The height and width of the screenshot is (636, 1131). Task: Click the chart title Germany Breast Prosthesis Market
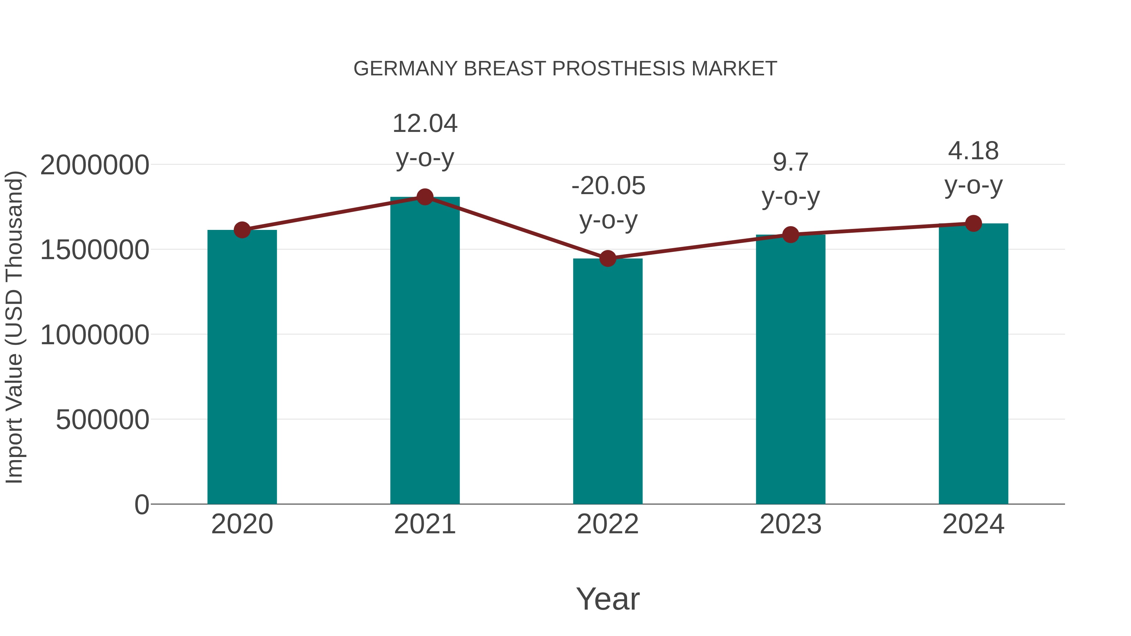point(565,69)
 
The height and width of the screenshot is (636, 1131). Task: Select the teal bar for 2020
point(242,369)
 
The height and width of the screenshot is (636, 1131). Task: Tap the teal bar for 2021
point(424,351)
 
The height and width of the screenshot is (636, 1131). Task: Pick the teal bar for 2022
point(608,382)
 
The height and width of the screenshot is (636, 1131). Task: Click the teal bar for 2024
point(973,364)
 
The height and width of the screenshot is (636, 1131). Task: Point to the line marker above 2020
point(242,230)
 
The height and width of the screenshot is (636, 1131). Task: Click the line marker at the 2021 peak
point(424,197)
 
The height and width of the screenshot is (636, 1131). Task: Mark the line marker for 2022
point(608,258)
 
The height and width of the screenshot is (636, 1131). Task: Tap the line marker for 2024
point(973,223)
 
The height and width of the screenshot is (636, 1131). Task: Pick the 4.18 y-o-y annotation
point(973,168)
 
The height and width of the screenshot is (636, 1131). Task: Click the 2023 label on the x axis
point(790,524)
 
